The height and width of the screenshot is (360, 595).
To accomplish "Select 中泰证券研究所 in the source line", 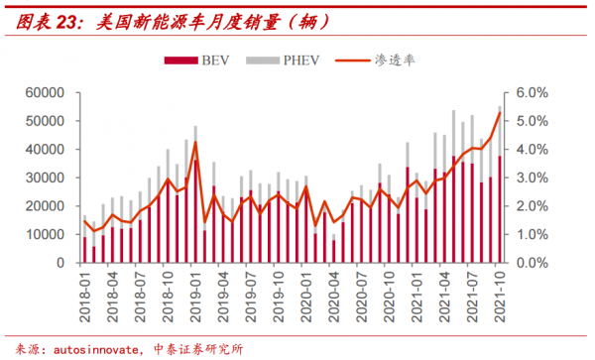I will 198,348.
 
